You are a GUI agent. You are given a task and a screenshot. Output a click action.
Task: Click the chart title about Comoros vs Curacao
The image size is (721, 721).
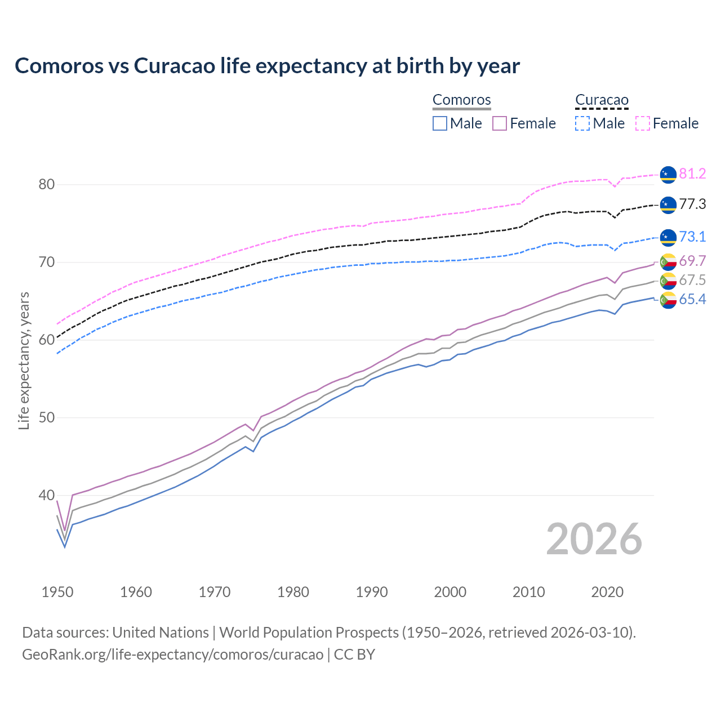click(267, 66)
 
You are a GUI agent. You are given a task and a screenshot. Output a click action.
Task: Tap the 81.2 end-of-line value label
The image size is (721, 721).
click(692, 173)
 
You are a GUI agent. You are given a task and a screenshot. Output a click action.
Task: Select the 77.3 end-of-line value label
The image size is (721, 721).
click(692, 204)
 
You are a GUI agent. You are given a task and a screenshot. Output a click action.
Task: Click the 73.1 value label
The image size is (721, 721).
click(692, 237)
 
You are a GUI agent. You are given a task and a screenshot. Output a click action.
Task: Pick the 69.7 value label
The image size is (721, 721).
click(692, 261)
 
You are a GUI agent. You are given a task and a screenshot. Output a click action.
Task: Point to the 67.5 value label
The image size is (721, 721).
click(692, 281)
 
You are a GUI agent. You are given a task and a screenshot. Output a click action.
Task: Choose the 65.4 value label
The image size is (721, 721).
click(692, 300)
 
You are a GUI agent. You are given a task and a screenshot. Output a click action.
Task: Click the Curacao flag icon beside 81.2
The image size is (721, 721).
click(668, 175)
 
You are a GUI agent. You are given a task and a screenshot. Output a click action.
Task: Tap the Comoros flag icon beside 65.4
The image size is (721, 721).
click(668, 300)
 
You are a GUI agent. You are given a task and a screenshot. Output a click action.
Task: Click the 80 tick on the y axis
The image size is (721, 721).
click(47, 185)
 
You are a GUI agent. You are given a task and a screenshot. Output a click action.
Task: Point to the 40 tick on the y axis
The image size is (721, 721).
click(47, 496)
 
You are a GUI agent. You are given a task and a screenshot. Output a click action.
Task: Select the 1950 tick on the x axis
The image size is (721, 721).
click(57, 592)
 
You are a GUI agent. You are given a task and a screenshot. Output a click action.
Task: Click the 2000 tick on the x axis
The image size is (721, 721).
click(450, 592)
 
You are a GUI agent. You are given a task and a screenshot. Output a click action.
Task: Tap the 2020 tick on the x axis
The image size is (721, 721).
click(607, 592)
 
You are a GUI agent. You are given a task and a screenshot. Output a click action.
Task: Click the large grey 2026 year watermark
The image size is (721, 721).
click(594, 539)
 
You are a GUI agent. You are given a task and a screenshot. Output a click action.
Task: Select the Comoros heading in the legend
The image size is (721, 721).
click(461, 100)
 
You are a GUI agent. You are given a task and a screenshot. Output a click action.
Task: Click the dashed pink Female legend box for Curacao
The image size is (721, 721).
click(643, 123)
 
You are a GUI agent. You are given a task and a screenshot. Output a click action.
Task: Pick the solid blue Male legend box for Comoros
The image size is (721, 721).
click(440, 123)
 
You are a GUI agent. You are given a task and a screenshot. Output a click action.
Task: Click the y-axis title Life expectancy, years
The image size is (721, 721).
click(24, 360)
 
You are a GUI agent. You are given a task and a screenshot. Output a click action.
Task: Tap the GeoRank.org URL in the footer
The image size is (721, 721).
click(172, 655)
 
